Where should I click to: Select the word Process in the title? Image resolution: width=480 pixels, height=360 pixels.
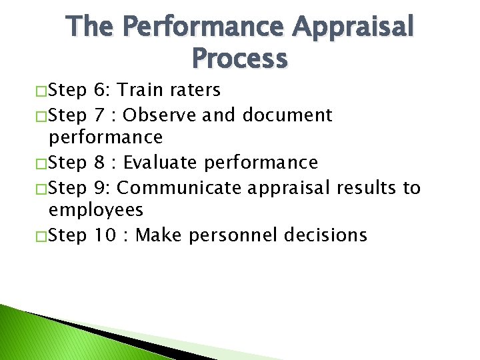tap(240, 58)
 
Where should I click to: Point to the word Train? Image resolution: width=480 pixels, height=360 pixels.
tap(140, 90)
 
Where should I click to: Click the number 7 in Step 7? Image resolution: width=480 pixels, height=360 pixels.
tap(100, 115)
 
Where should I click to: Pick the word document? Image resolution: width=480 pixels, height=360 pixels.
tap(287, 115)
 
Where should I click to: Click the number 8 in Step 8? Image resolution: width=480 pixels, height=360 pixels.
tap(100, 162)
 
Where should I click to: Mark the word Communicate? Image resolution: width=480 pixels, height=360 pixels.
tap(179, 187)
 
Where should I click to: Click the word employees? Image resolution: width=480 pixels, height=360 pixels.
tap(96, 211)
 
